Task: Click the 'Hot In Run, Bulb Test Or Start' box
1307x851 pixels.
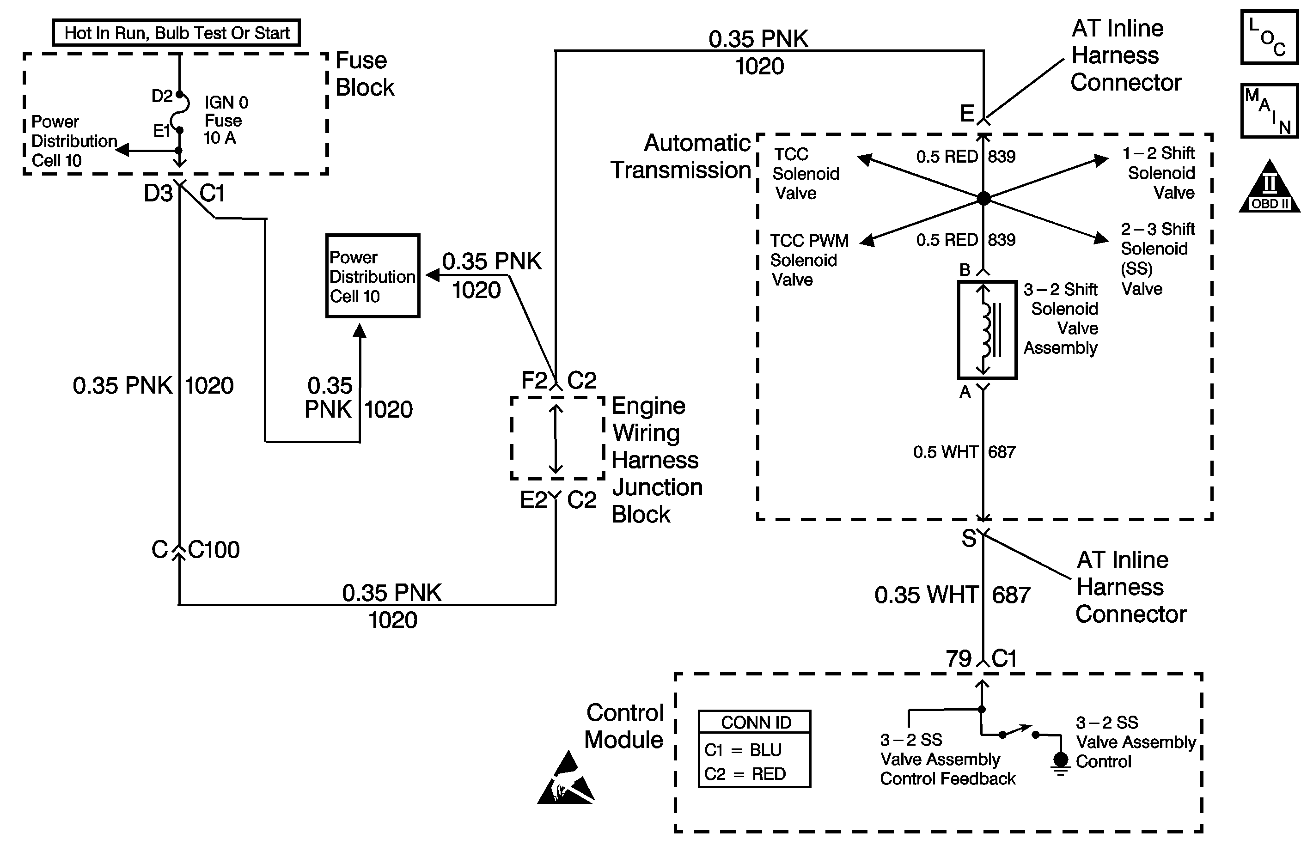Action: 176,33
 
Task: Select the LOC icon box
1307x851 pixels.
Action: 1269,37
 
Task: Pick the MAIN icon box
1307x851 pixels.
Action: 1269,110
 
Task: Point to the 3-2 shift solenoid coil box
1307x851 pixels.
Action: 987,329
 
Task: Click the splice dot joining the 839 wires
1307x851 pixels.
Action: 983,198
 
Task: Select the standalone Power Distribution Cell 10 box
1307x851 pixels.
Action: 373,276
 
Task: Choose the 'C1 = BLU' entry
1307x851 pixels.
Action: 742,749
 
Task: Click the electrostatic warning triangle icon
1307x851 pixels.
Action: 566,781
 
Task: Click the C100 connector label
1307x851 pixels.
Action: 214,550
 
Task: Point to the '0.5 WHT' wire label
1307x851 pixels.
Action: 945,452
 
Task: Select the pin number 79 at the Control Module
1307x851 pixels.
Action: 958,658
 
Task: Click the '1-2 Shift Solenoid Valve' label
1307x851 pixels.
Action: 1160,172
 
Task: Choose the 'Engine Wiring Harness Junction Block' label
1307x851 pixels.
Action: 656,460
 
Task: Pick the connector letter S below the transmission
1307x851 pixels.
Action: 969,539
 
